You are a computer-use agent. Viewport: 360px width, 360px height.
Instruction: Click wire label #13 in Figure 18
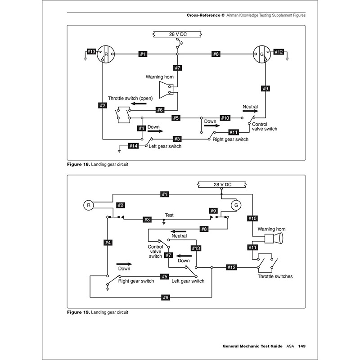pyautogui.click(x=91, y=52)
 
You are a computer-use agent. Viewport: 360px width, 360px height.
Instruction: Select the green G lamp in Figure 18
pyautogui.click(x=261, y=54)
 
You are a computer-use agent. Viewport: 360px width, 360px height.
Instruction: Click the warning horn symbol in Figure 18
pyautogui.click(x=166, y=89)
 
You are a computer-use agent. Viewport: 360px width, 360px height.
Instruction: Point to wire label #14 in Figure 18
pyautogui.click(x=133, y=146)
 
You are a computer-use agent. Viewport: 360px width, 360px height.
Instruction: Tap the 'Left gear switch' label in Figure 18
pyautogui.click(x=165, y=147)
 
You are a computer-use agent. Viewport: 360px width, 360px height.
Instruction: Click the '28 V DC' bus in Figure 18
pyautogui.click(x=178, y=34)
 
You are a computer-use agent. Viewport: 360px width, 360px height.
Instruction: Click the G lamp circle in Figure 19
pyautogui.click(x=234, y=205)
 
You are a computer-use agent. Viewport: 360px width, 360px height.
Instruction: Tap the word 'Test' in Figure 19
pyautogui.click(x=169, y=215)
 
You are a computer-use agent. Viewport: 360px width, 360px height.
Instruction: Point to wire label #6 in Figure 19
pyautogui.click(x=166, y=297)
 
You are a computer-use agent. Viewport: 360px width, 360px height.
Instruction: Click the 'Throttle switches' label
pyautogui.click(x=275, y=276)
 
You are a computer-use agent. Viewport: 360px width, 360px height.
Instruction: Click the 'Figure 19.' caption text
pyautogui.click(x=78, y=312)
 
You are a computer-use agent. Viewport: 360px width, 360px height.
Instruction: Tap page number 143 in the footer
pyautogui.click(x=302, y=346)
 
